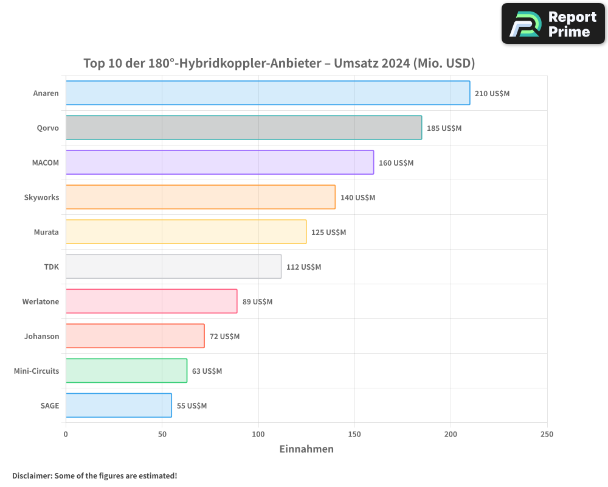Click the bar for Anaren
(268, 93)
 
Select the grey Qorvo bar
(243, 128)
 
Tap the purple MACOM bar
(219, 163)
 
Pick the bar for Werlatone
(151, 301)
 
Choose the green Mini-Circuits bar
(126, 371)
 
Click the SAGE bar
(119, 405)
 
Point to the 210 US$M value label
(492, 94)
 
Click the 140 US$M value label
(358, 198)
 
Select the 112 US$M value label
(303, 267)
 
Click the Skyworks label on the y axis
(41, 198)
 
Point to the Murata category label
(46, 233)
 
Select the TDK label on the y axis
(52, 267)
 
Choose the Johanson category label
(41, 337)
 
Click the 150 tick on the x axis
(354, 434)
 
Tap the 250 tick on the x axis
(547, 434)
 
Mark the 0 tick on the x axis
(66, 434)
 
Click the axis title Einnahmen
(306, 449)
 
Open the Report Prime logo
(553, 24)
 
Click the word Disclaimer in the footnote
(32, 475)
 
